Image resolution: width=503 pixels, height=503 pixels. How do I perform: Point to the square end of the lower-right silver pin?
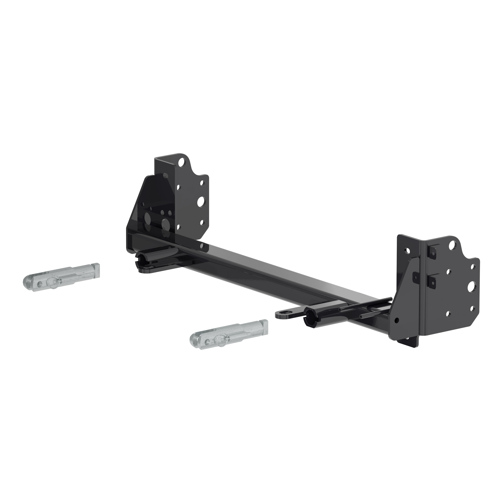264,325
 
